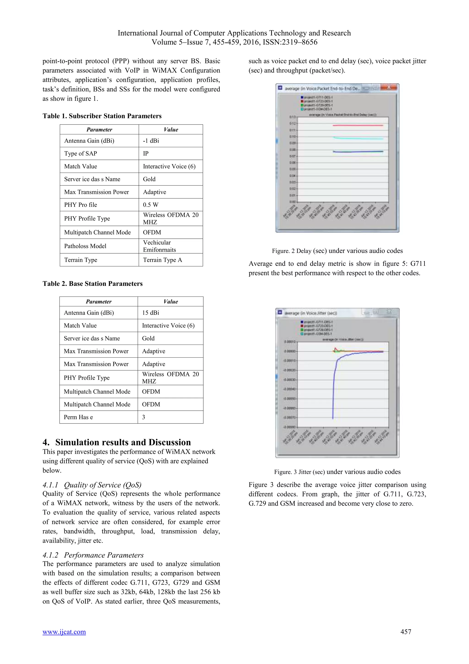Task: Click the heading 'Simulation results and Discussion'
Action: (x=123, y=442)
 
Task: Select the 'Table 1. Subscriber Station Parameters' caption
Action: (x=102, y=116)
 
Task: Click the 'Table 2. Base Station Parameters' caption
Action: (x=93, y=284)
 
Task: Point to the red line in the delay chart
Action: (x=358, y=125)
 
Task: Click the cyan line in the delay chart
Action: (x=358, y=138)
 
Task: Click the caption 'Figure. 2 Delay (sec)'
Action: (x=337, y=251)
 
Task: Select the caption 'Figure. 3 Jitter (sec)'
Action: (x=337, y=472)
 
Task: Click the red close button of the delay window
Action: (x=389, y=87)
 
